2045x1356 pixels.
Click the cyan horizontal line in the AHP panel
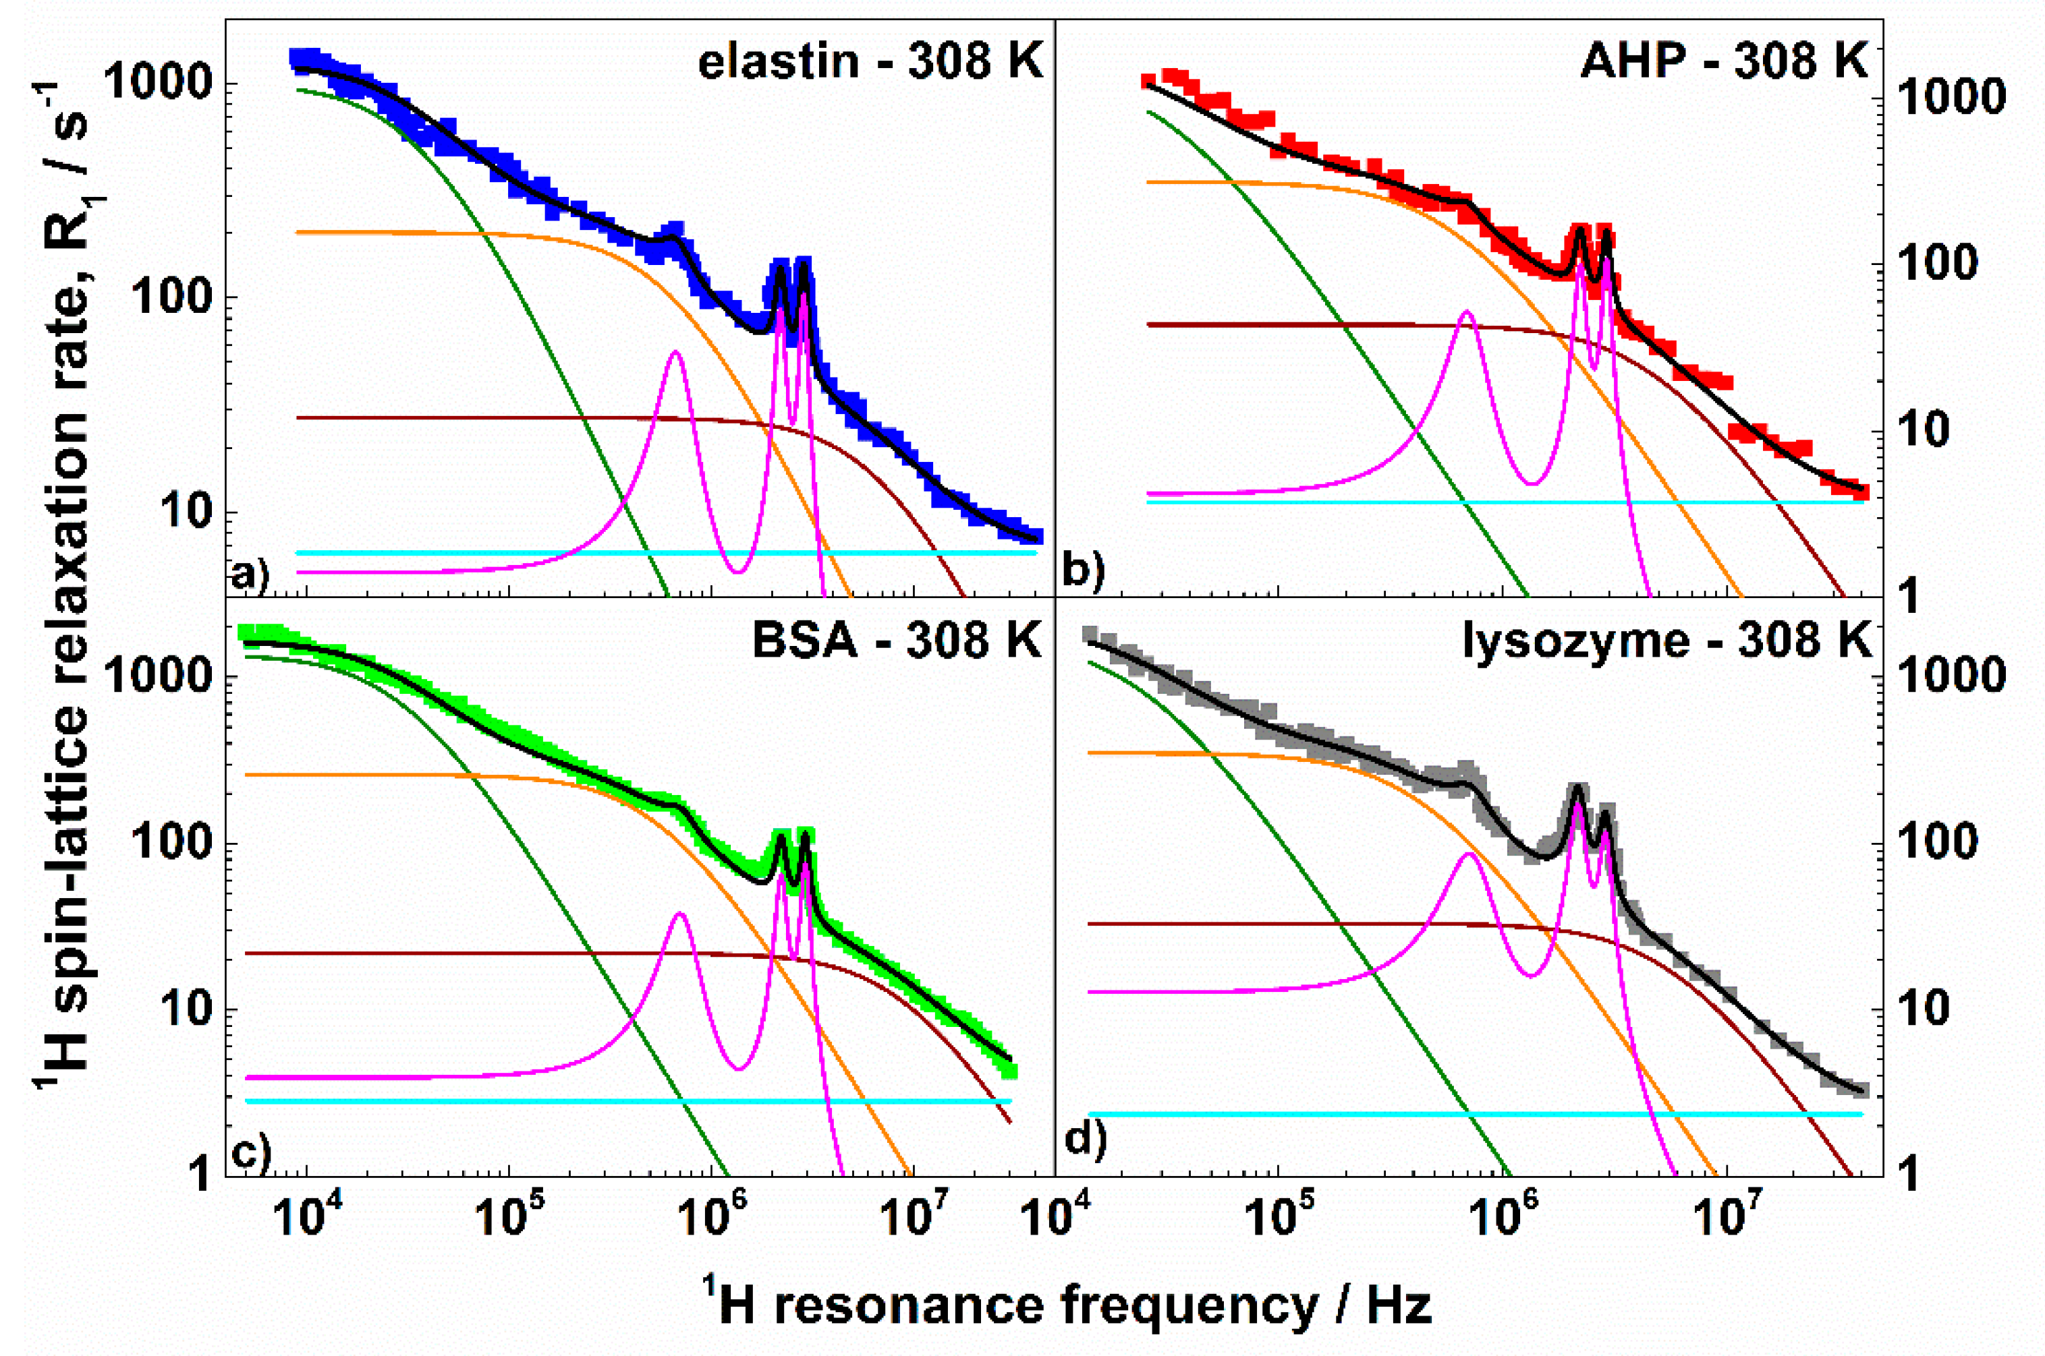(x=1471, y=502)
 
